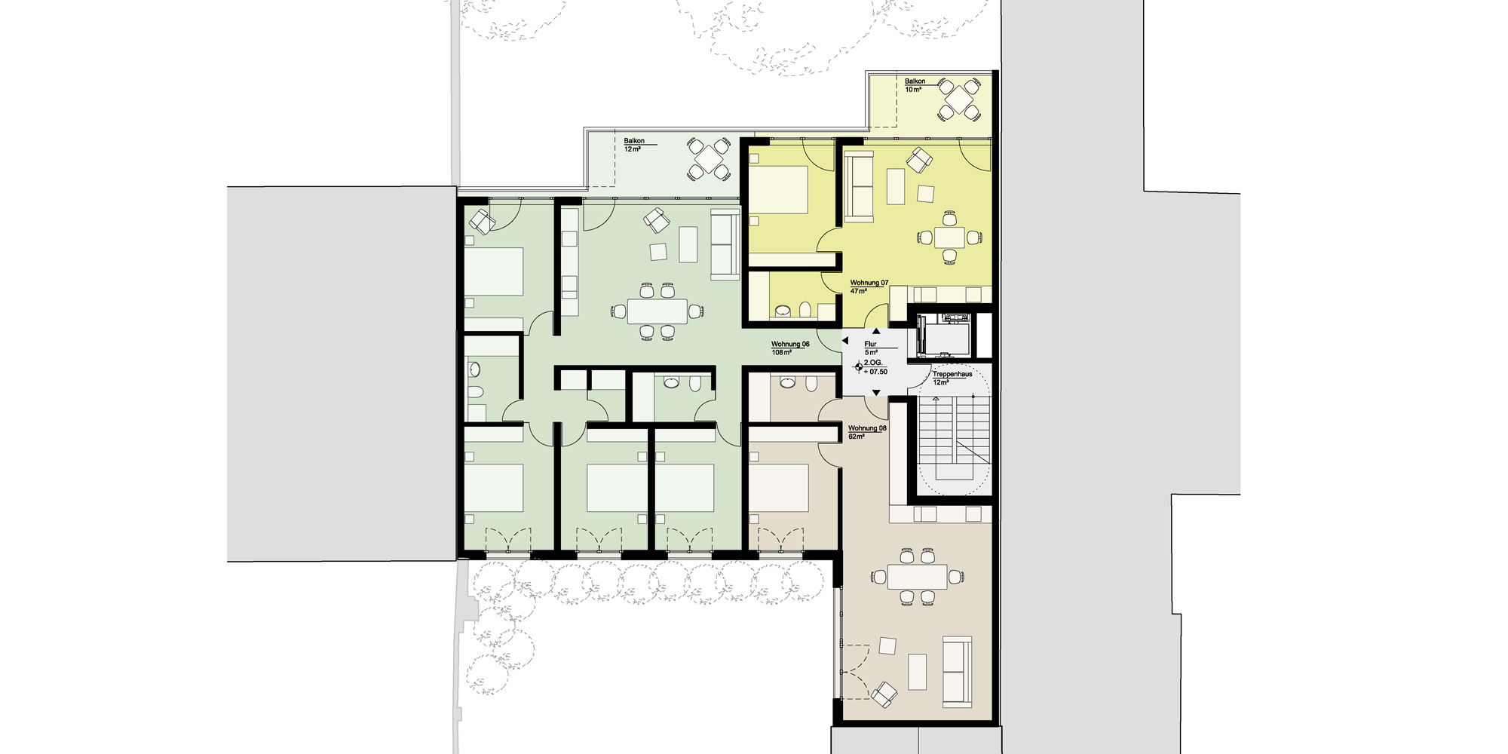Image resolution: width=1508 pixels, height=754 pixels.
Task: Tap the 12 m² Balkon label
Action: [x=633, y=145]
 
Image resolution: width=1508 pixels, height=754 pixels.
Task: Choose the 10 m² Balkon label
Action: [x=915, y=85]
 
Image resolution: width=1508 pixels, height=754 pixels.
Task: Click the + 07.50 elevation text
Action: [x=875, y=372]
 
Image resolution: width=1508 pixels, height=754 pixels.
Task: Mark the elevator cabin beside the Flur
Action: [x=942, y=336]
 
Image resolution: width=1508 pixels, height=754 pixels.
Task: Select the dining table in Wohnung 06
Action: [x=657, y=311]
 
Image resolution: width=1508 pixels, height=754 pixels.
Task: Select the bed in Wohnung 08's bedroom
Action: [x=778, y=489]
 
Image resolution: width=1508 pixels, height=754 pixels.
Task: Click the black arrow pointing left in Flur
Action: [x=844, y=342]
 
